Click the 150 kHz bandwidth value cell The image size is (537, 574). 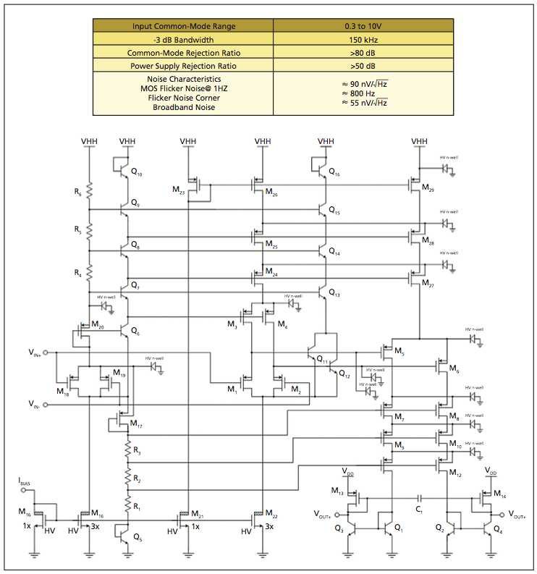click(363, 40)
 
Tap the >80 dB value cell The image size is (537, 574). click(363, 53)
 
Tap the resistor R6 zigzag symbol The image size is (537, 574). click(89, 190)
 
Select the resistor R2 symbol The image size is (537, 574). click(127, 478)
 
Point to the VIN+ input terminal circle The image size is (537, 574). click(46, 353)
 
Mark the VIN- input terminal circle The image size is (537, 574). click(46, 403)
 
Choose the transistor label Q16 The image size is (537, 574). click(334, 174)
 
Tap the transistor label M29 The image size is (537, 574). click(427, 190)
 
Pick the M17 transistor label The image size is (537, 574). click(135, 426)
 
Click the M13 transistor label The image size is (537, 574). click(337, 491)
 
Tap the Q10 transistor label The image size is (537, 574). click(137, 174)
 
